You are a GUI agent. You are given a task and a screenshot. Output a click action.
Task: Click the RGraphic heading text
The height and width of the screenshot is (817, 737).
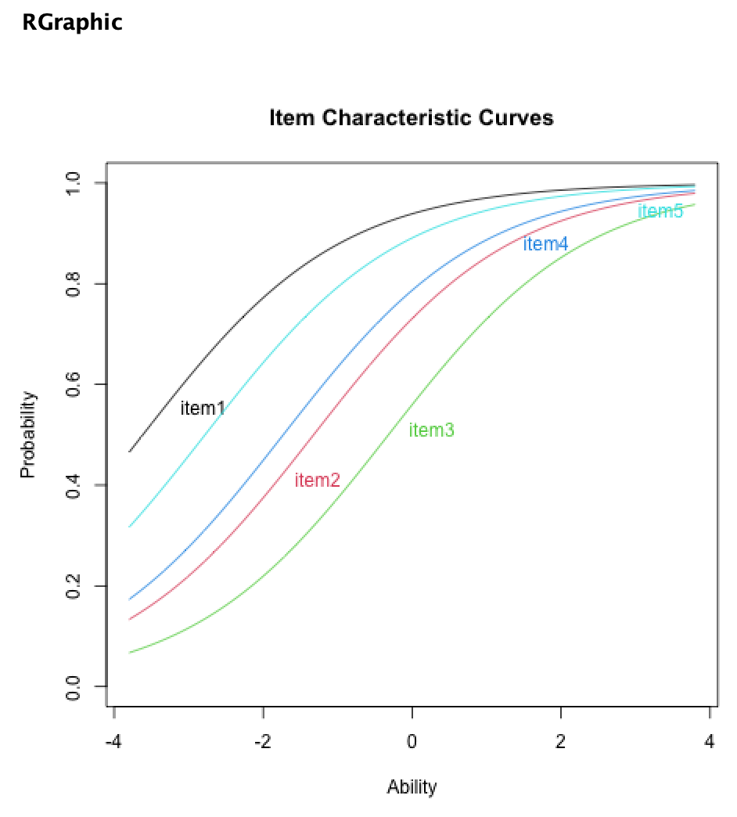72,23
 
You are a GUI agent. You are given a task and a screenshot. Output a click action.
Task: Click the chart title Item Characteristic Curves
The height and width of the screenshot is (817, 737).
411,118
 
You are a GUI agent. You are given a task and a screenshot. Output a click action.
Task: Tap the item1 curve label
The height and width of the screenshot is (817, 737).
203,408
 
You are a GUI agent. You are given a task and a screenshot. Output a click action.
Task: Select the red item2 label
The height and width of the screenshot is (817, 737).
318,480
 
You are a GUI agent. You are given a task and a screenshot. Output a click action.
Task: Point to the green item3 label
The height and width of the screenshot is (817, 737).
431,430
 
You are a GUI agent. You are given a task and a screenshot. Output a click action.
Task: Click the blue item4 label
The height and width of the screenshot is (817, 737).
545,244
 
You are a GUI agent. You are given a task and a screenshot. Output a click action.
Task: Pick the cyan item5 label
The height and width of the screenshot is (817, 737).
660,211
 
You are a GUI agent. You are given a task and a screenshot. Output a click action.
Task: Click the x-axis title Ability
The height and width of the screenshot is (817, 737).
412,786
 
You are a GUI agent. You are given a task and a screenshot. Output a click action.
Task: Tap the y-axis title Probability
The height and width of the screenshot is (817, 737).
28,434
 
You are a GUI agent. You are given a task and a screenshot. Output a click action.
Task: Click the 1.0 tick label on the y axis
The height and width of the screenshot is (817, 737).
74,183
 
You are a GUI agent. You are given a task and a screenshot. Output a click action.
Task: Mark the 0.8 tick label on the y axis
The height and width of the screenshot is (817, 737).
74,284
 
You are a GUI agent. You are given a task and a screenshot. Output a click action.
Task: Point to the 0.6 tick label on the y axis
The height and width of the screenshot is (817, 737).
74,385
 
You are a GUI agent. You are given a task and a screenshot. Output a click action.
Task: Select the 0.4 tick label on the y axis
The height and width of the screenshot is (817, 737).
74,485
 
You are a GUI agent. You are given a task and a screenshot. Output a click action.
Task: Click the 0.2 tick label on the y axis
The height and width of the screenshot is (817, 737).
74,586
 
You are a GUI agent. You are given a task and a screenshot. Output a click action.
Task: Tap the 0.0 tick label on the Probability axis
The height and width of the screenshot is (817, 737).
74,686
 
